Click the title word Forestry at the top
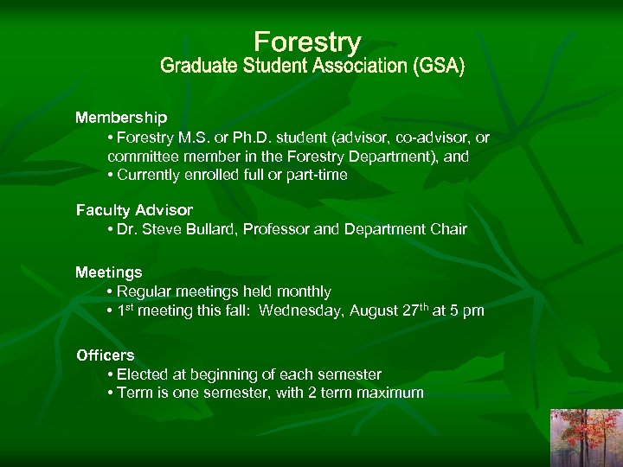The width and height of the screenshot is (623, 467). tap(307, 42)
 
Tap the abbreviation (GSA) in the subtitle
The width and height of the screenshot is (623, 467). tap(438, 67)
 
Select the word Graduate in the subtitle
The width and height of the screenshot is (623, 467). tap(195, 67)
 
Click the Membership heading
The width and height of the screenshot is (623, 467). tap(121, 117)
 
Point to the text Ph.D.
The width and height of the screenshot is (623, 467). tap(241, 138)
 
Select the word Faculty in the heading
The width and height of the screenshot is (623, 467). tap(100, 210)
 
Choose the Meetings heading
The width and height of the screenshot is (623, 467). tap(108, 272)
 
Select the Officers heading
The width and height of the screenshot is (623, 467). tap(105, 355)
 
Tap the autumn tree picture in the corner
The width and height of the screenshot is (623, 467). tap(587, 438)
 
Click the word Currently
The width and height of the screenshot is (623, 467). tap(150, 175)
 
